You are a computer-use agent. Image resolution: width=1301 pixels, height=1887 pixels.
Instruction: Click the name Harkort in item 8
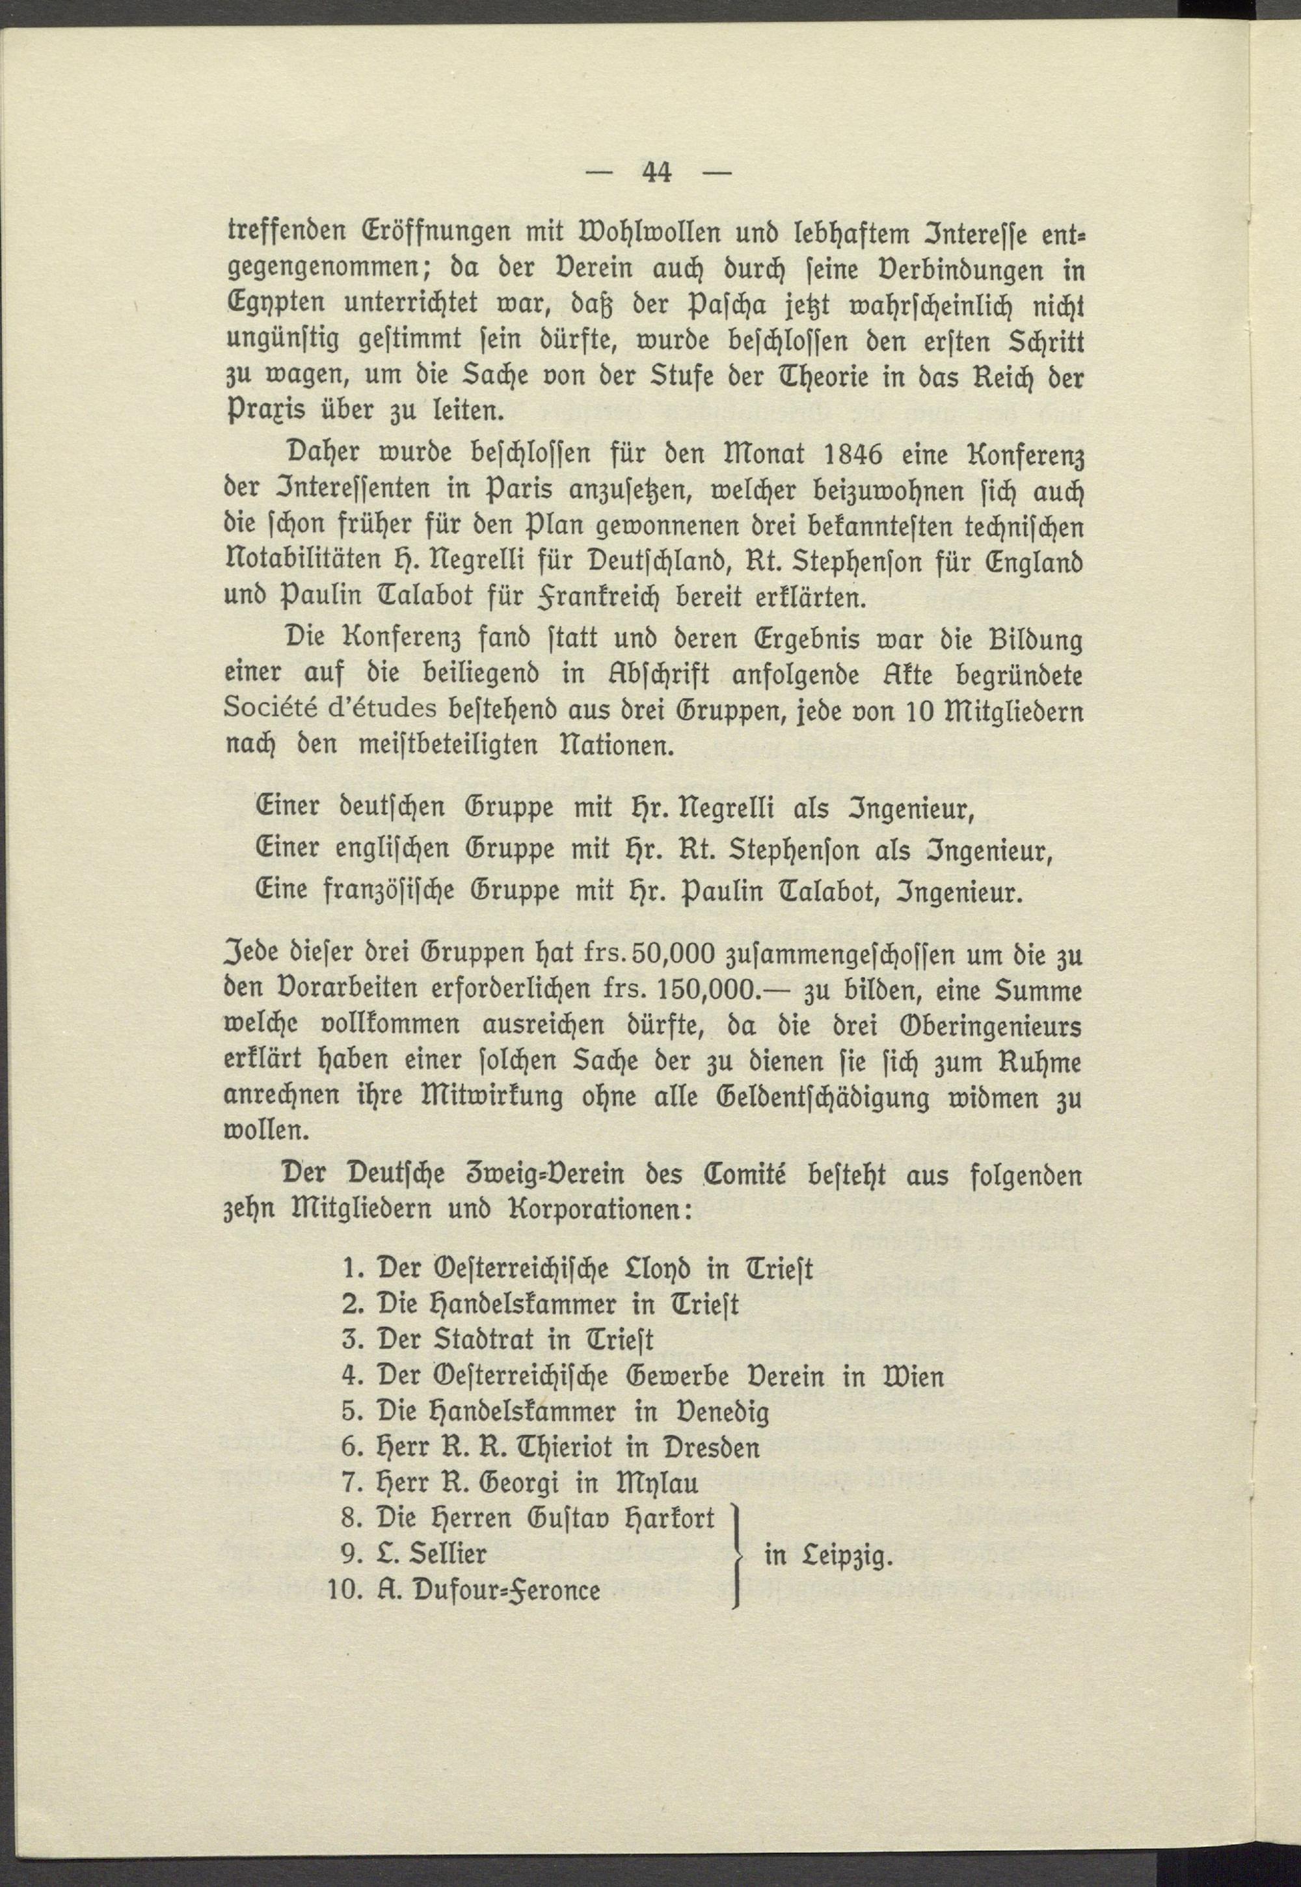click(x=669, y=1518)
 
